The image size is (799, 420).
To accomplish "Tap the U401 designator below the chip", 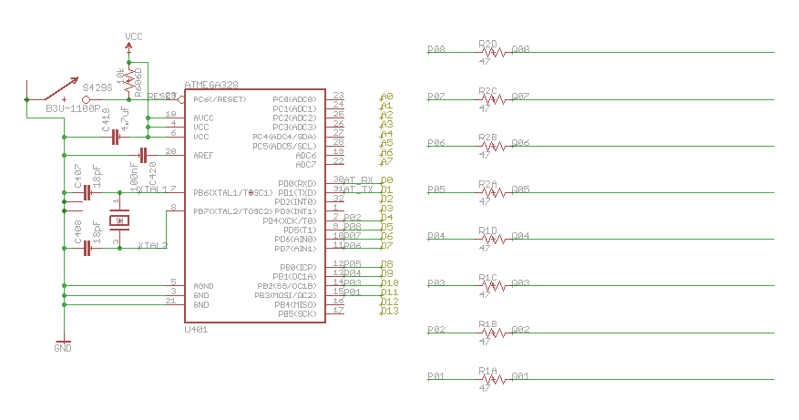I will [196, 330].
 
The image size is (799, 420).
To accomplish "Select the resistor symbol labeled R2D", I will [493, 53].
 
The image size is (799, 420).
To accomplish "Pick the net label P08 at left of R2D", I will [436, 49].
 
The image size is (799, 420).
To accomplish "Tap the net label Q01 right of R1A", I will [521, 376].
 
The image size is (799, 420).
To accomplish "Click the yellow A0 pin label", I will [386, 97].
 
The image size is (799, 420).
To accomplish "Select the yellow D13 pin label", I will [389, 311].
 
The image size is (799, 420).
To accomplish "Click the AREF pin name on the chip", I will [203, 155].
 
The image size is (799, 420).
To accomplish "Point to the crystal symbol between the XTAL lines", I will [118, 220].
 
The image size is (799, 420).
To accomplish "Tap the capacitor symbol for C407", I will [87, 193].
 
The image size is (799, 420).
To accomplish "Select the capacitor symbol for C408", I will [87, 248].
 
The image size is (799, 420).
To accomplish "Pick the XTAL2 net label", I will [152, 246].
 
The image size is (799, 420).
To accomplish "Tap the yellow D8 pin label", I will [386, 265].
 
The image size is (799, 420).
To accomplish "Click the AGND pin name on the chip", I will [203, 285].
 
